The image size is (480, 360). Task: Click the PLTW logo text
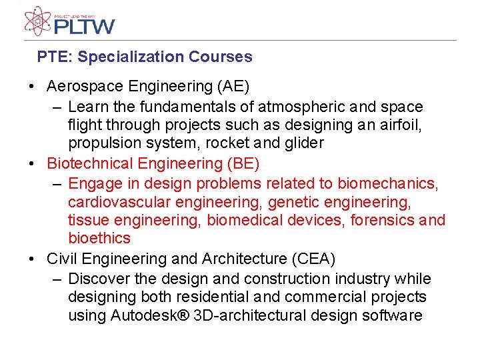point(84,26)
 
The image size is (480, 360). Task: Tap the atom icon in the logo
point(37,21)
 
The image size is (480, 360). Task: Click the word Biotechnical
point(90,163)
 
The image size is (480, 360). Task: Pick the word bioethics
point(99,239)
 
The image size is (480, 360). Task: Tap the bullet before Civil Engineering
point(31,259)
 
